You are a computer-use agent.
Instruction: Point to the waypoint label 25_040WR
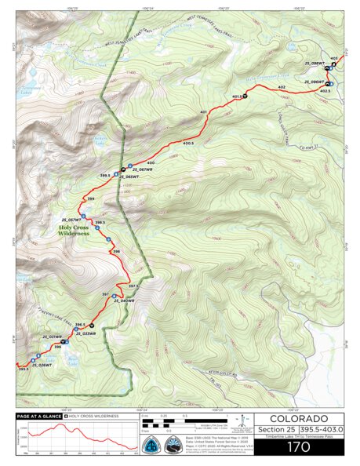[123, 301]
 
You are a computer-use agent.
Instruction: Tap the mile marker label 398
[116, 251]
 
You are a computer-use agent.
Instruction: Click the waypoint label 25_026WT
[41, 365]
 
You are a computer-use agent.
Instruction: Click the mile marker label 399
[91, 199]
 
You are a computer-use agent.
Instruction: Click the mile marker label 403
[334, 58]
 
